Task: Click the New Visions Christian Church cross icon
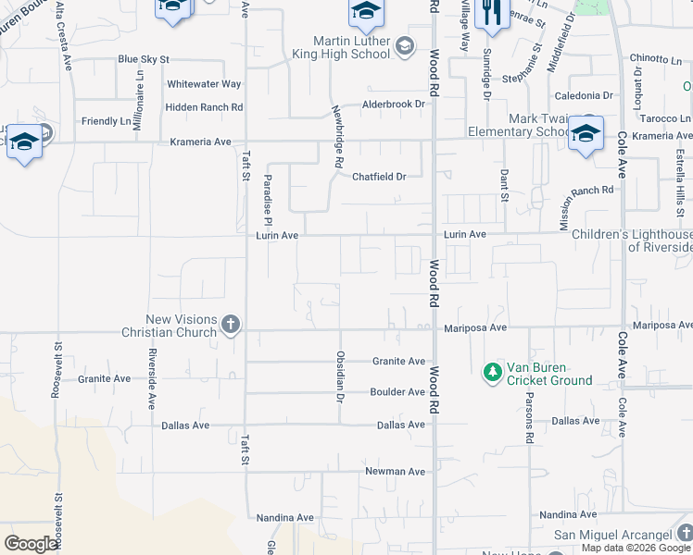tap(231, 325)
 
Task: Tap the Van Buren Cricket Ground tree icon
tap(493, 373)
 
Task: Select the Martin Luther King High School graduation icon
tap(404, 45)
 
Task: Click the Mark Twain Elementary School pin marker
tap(586, 135)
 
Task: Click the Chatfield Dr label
tap(379, 177)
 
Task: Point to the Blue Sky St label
tap(144, 59)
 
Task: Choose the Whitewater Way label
tap(204, 84)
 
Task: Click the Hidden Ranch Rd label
tap(204, 107)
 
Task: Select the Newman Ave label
tap(396, 472)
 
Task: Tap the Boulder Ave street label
tap(397, 392)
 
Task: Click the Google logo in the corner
tap(31, 544)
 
